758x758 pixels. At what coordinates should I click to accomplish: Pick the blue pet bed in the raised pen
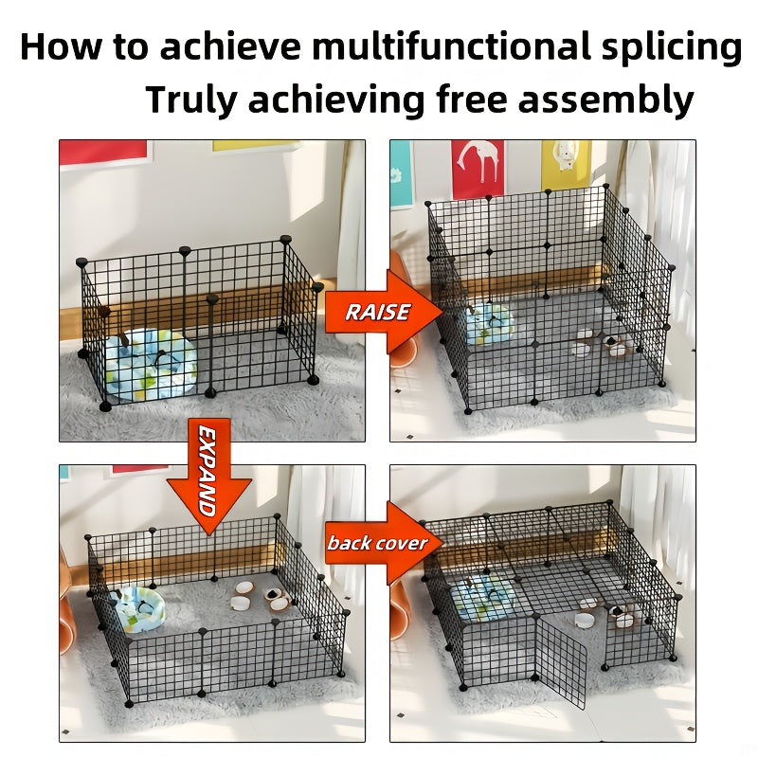point(489,324)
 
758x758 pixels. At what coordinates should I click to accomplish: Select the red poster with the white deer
point(478,169)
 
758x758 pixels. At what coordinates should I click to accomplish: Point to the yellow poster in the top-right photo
point(566,164)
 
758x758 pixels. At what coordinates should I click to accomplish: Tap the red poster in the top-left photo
point(104,152)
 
